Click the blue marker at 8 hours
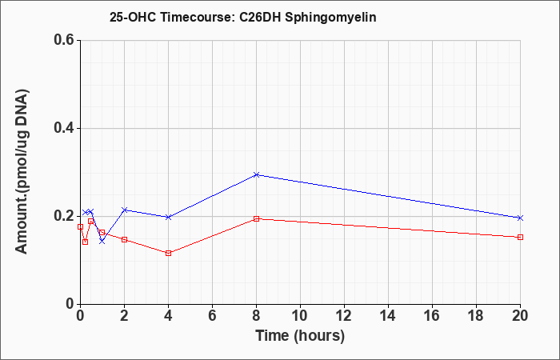tap(256, 174)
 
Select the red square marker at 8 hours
tap(256, 218)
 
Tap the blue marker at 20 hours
tap(520, 218)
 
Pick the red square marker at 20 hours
tap(520, 237)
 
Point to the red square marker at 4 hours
tap(168, 254)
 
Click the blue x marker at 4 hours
tap(168, 217)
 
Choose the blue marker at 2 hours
tap(124, 210)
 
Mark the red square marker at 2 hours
tap(124, 239)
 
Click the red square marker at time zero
tap(80, 226)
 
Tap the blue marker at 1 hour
tap(102, 242)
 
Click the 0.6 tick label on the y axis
tap(63, 40)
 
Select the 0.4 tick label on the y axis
tap(63, 128)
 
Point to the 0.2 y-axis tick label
tap(63, 216)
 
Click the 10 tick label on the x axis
tap(300, 316)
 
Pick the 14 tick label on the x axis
tap(388, 316)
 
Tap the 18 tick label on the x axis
tap(476, 316)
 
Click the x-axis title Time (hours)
tap(300, 336)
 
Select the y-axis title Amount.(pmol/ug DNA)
tap(22, 172)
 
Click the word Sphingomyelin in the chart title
tap(330, 18)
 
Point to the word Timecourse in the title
tap(197, 17)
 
